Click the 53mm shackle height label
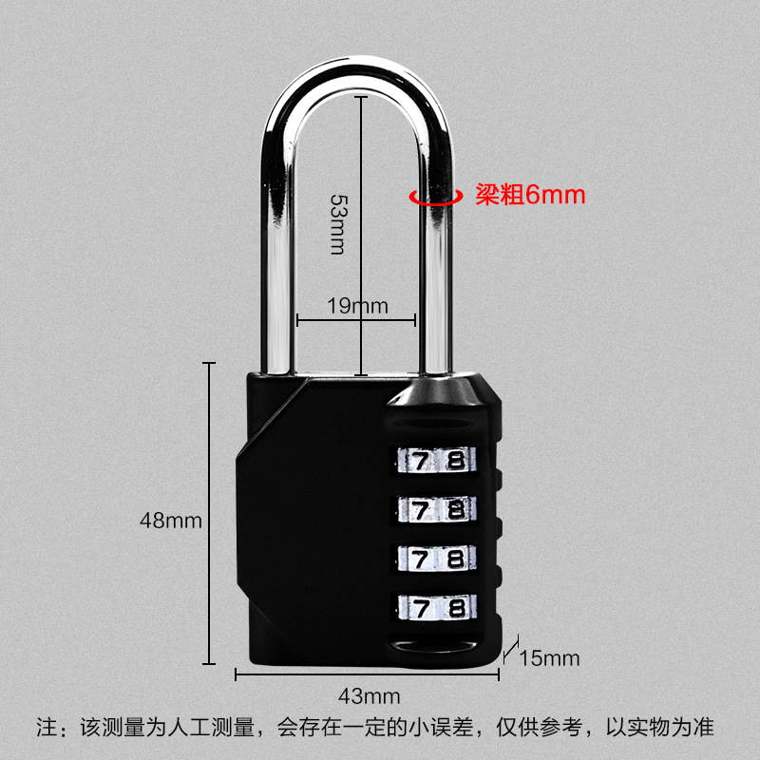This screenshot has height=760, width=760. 336,223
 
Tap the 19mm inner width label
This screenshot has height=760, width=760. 358,306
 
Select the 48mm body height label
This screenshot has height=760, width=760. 172,521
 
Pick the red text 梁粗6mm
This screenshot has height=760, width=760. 529,195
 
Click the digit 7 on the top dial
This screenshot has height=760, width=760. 420,461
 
